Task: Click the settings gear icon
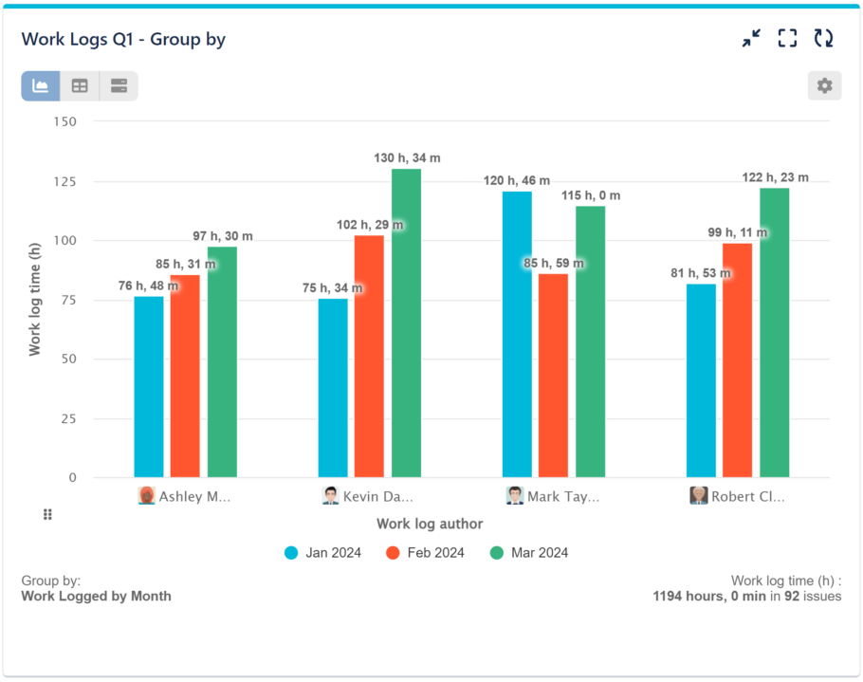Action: click(824, 86)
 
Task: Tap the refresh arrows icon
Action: click(824, 38)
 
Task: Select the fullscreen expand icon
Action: click(787, 38)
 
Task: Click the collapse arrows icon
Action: click(751, 38)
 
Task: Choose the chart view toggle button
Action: click(41, 86)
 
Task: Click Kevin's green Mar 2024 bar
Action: click(406, 323)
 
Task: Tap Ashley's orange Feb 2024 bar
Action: click(185, 376)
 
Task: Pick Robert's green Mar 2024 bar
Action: click(774, 332)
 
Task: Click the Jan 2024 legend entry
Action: click(322, 553)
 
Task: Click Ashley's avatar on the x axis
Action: click(146, 496)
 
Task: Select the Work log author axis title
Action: click(430, 524)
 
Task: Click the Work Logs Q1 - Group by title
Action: click(123, 39)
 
